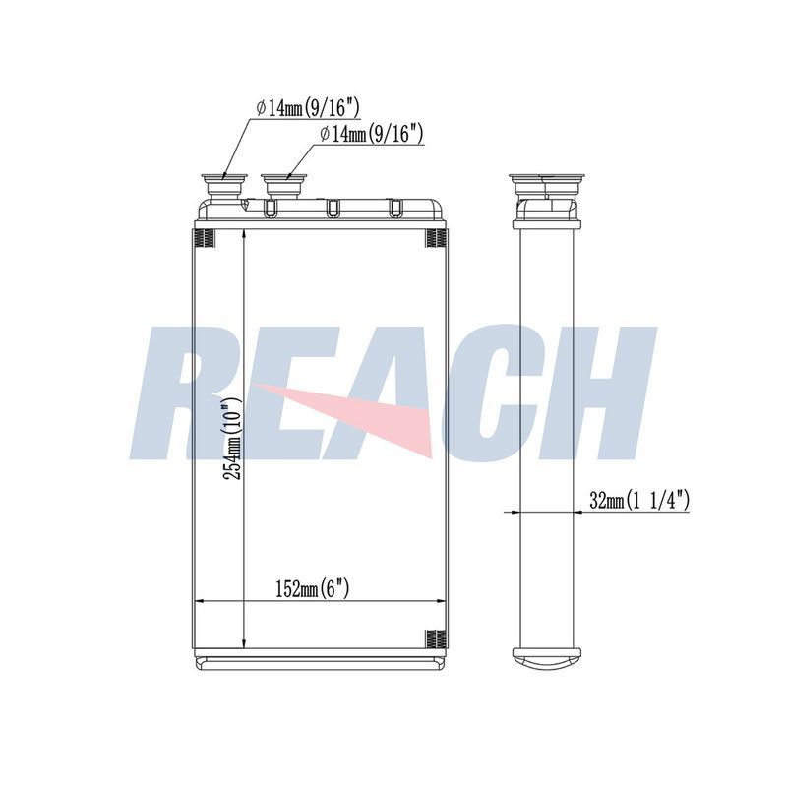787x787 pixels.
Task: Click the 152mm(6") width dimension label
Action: pos(312,587)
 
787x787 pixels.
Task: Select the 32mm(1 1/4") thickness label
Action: pos(638,500)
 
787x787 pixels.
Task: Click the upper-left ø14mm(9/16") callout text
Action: pos(308,108)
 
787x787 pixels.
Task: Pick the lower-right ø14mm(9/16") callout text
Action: pos(372,134)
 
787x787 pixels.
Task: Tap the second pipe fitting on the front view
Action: pos(283,186)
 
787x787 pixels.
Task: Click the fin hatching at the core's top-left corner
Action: pos(205,238)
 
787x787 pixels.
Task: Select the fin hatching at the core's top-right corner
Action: pos(436,238)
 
